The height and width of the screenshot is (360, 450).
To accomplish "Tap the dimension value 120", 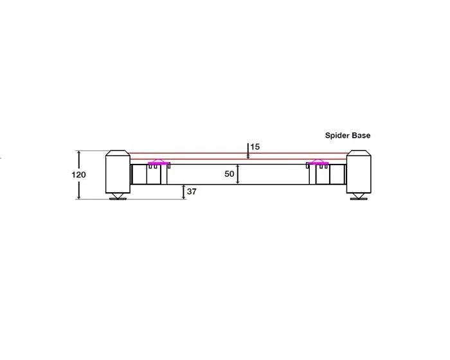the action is pos(78,175).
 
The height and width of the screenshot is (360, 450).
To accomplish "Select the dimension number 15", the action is pos(255,147).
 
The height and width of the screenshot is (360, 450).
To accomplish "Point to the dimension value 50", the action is pos(230,174).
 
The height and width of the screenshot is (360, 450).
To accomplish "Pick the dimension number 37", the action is pos(192,191).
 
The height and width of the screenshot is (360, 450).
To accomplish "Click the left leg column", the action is pos(118,172).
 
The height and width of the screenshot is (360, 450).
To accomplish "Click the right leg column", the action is pos(359,172).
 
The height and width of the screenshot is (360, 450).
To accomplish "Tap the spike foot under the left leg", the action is pos(118,196).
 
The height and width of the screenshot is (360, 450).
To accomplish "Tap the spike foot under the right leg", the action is pos(359,196).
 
